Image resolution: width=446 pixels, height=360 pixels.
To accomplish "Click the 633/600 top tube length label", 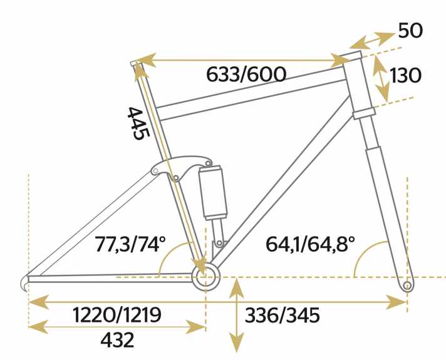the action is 246,75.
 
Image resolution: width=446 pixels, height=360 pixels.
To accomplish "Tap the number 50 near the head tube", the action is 410,31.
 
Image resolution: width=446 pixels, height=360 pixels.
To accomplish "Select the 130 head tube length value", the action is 405,76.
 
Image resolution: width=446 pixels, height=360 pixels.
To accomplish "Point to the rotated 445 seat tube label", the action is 138,123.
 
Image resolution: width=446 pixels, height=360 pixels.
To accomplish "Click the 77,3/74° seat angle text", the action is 130,244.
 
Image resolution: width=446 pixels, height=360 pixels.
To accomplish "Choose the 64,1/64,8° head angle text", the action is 310,244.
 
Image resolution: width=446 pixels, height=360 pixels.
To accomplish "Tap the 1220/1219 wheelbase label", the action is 117,315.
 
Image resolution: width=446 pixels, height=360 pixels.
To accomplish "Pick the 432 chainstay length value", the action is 117,340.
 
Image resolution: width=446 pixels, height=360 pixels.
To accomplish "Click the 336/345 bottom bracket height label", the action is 282,315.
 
